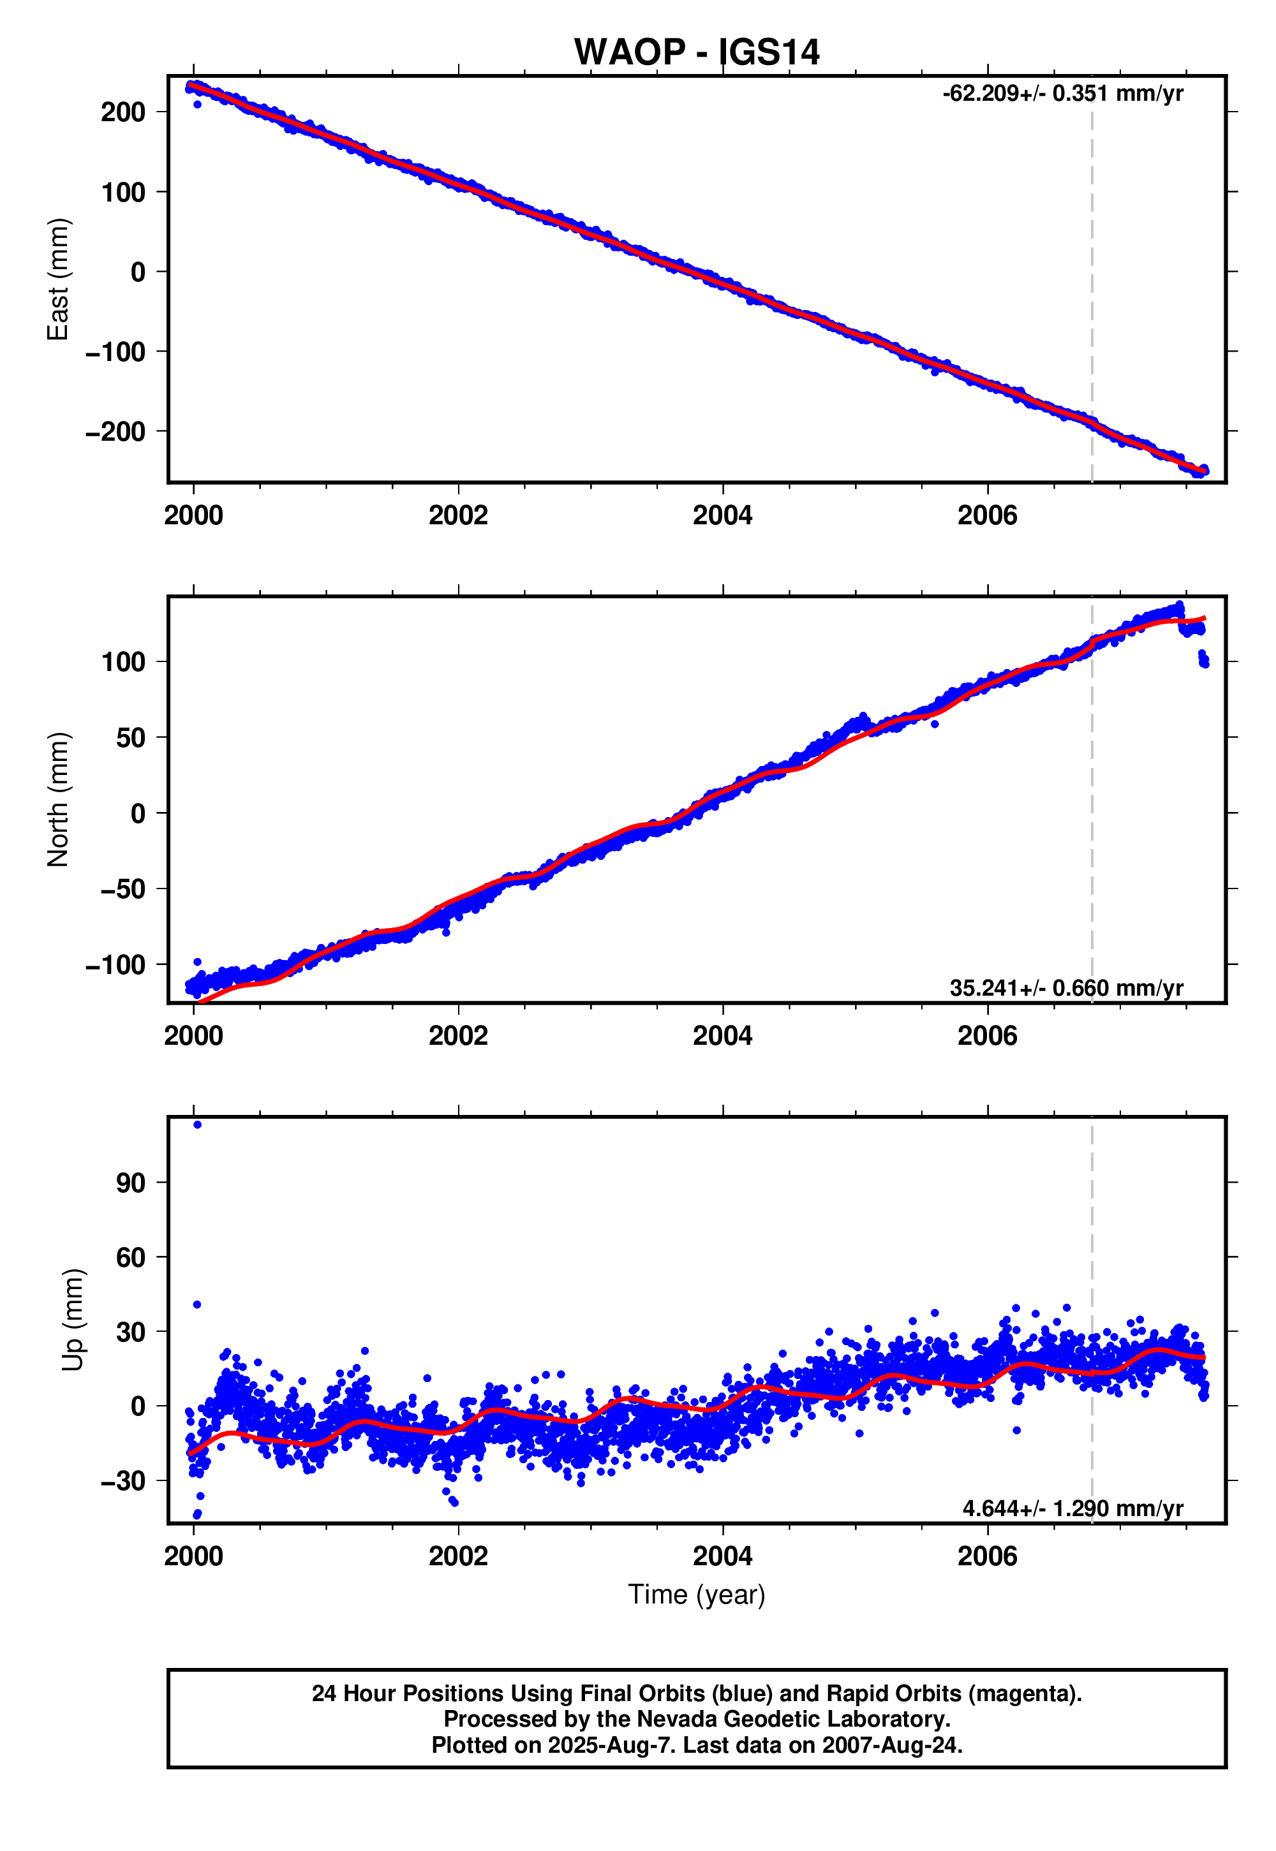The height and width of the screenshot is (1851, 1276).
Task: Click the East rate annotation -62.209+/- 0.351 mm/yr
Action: click(1062, 94)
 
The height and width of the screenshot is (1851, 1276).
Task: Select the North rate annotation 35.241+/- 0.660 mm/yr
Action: click(1065, 988)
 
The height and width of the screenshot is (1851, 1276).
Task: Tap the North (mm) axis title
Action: click(58, 799)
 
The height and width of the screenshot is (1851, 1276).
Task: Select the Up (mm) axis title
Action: click(73, 1320)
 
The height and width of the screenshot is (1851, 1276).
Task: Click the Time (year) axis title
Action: click(696, 1595)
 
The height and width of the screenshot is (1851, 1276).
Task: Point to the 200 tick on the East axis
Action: click(123, 112)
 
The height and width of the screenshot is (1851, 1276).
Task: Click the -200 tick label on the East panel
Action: click(116, 432)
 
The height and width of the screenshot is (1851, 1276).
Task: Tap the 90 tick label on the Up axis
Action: click(130, 1183)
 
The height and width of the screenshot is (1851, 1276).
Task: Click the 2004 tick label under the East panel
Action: click(722, 515)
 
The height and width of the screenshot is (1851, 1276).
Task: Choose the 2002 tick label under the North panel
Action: click(457, 1036)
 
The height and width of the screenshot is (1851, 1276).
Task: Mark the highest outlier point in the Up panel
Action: click(198, 1125)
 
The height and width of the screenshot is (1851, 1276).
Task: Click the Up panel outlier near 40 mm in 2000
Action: click(198, 1304)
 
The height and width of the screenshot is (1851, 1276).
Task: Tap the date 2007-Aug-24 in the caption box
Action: click(890, 1744)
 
